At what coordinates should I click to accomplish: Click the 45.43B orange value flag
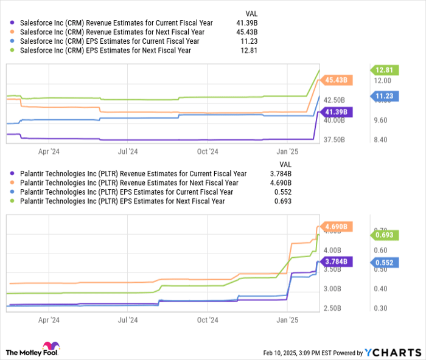[336, 80]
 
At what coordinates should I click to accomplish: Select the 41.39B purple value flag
[336, 112]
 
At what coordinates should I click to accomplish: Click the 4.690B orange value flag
[336, 227]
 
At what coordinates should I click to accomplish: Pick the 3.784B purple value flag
[336, 261]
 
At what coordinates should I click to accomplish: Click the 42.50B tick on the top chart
[335, 100]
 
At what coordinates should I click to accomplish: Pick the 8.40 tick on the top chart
[380, 140]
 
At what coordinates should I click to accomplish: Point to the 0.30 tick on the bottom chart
[380, 308]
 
